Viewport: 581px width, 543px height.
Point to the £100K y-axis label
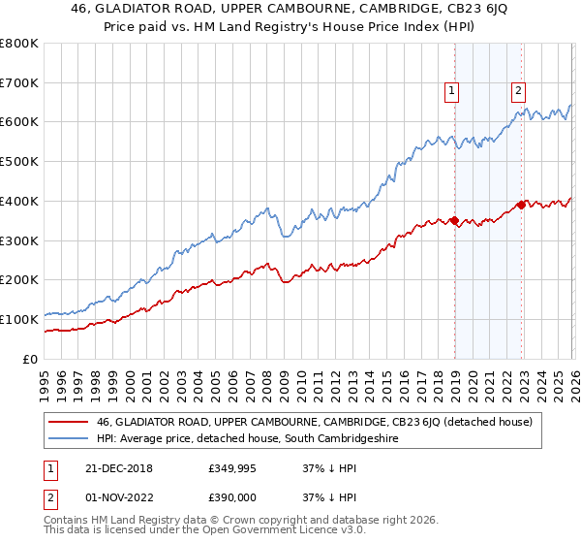pyautogui.click(x=19, y=319)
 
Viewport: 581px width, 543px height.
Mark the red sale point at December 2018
pyautogui.click(x=453, y=220)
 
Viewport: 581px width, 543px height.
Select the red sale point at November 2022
pyautogui.click(x=520, y=205)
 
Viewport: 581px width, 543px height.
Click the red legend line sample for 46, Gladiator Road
pyautogui.click(x=68, y=423)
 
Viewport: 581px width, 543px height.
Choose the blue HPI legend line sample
pyautogui.click(x=68, y=439)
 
